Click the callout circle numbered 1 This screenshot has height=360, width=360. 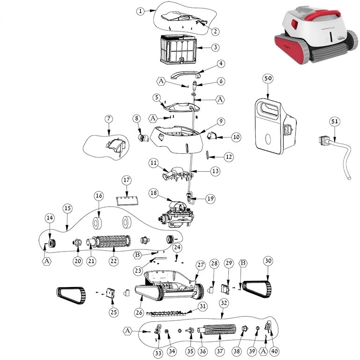141,12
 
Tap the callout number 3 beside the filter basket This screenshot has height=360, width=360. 215,47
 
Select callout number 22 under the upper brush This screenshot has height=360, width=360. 113,261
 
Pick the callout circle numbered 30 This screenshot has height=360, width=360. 267,260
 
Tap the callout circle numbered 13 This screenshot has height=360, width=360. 215,172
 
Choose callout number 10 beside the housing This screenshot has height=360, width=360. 236,137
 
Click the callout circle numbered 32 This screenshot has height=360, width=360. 224,303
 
